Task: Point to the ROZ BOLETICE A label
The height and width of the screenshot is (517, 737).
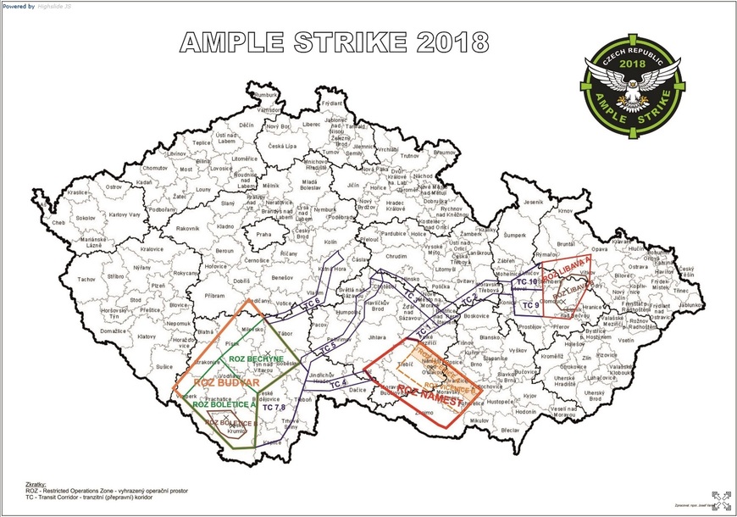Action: pyautogui.click(x=224, y=404)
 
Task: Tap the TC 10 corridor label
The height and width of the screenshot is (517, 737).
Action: pyautogui.click(x=527, y=281)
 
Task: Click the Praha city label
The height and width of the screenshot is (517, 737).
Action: pyautogui.click(x=263, y=234)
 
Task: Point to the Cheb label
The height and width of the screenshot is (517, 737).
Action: pyautogui.click(x=58, y=223)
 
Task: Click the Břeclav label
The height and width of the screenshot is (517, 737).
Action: pyautogui.click(x=510, y=431)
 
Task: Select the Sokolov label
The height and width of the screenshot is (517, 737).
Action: pyautogui.click(x=86, y=218)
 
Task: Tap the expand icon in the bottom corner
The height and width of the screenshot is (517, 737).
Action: pyautogui.click(x=721, y=501)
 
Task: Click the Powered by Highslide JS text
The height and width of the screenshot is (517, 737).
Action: pyautogui.click(x=36, y=5)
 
